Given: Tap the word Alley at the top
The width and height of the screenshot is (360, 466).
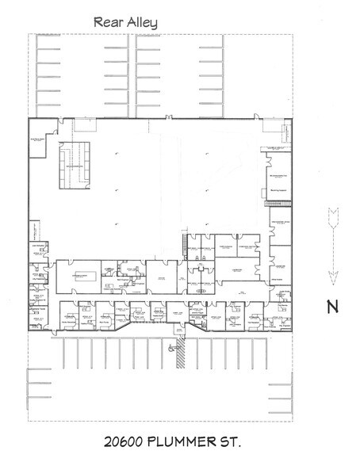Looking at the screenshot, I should (141, 22).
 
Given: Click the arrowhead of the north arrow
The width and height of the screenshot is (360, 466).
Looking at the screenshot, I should (333, 275).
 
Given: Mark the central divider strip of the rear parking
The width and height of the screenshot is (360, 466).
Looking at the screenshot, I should (135, 76).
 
